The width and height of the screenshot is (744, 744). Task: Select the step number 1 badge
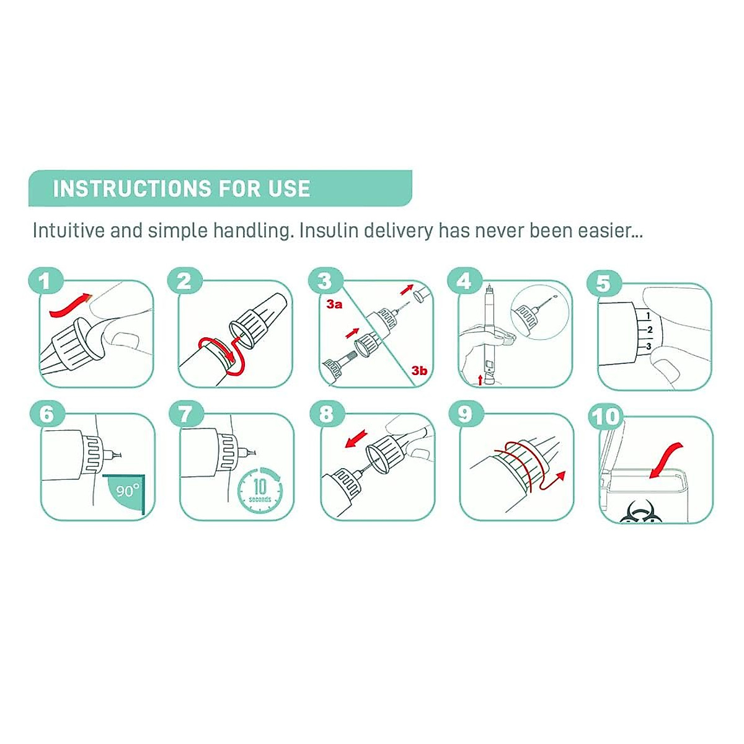click(x=46, y=281)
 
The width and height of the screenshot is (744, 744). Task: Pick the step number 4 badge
click(x=464, y=281)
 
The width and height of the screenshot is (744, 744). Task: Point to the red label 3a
click(x=334, y=304)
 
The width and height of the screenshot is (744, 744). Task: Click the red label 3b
click(x=419, y=371)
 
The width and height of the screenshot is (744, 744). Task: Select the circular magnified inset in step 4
click(x=540, y=311)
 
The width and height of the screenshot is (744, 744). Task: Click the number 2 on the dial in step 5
click(x=650, y=330)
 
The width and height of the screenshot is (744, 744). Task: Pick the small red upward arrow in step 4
click(x=480, y=379)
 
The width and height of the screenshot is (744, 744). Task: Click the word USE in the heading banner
click(x=289, y=188)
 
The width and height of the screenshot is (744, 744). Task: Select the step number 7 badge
click(x=186, y=414)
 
